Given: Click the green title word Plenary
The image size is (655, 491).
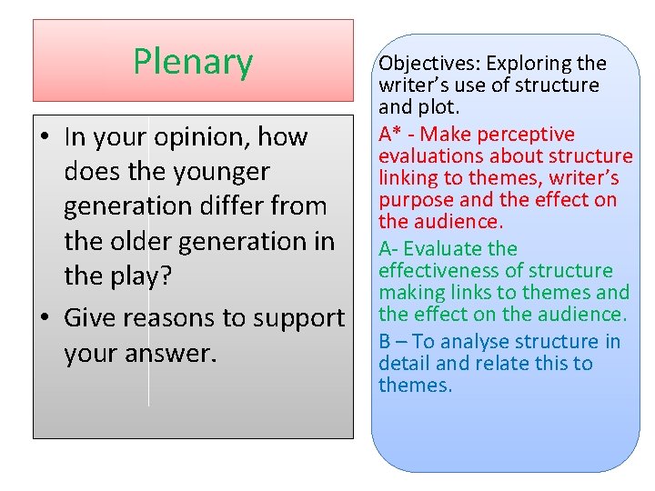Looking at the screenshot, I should click(x=193, y=62).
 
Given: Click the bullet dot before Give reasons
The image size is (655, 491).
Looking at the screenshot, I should click(x=47, y=318).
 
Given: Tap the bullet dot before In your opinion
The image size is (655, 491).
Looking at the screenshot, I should click(x=47, y=137).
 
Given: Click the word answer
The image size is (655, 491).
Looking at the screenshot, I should click(x=172, y=354).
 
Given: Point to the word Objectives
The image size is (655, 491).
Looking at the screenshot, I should click(x=428, y=64).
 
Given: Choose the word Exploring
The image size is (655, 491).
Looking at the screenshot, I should click(x=529, y=64).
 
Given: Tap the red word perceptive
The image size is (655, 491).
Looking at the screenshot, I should click(x=527, y=135).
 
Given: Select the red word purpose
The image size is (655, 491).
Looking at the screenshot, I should click(x=420, y=200).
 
